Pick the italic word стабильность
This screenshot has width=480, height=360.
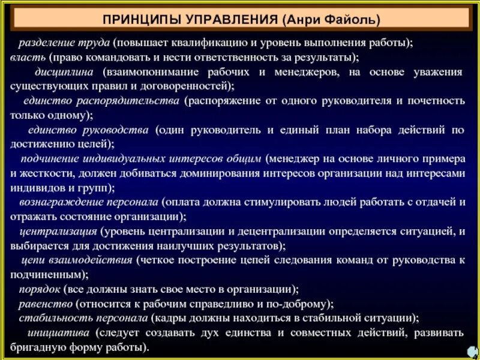click(50, 317)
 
